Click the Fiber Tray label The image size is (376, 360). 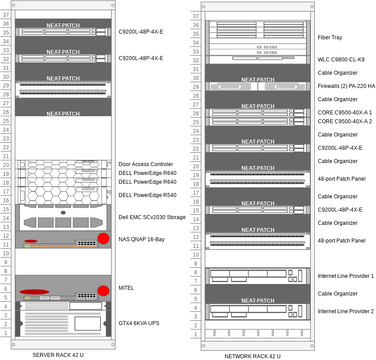332,37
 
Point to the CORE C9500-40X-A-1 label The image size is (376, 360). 344,113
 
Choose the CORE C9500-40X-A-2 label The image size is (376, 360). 344,122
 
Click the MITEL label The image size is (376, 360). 127,288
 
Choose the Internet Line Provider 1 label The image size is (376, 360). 346,275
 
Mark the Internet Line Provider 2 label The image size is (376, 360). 346,311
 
